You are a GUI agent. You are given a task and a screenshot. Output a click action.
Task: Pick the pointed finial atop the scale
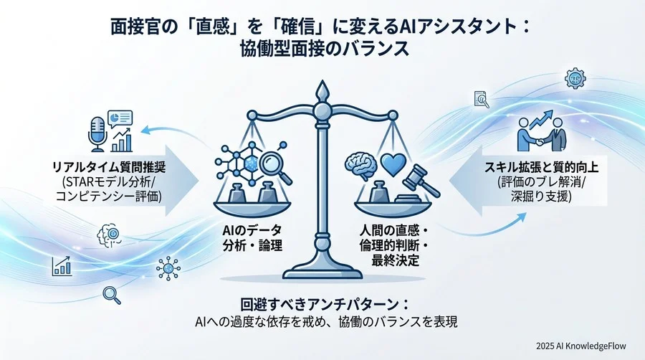click(322, 92)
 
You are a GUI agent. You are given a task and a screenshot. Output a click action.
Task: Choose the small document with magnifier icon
click(482, 95)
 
